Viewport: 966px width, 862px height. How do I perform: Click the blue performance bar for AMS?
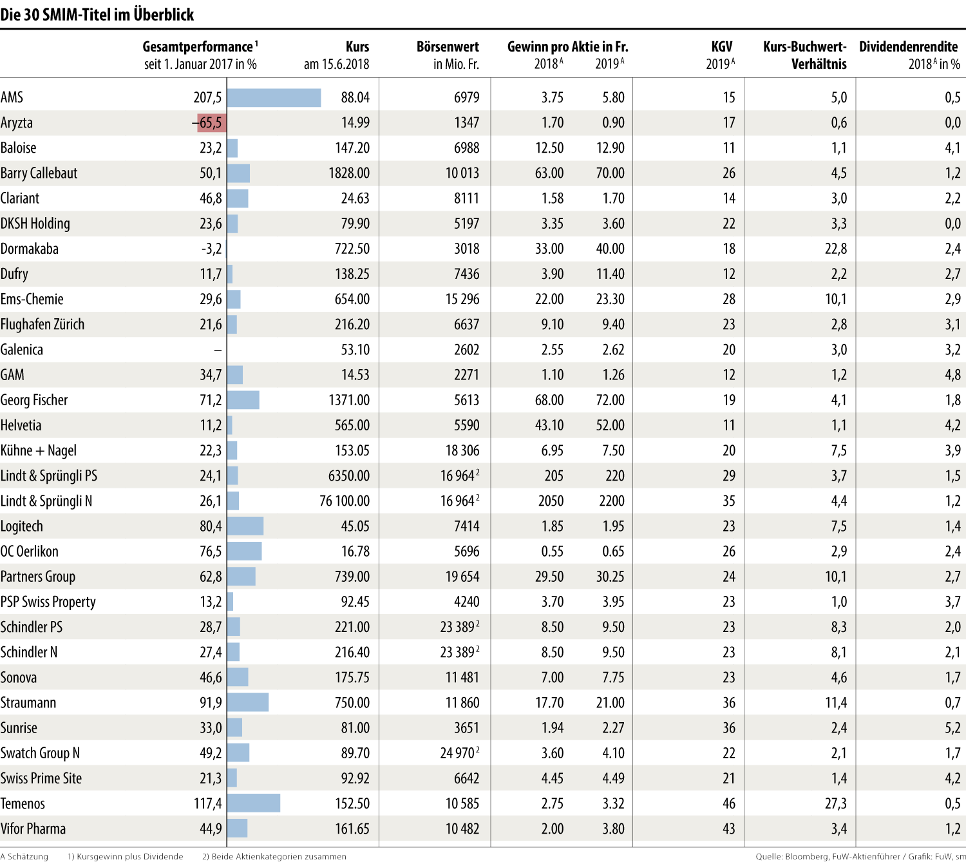pyautogui.click(x=274, y=98)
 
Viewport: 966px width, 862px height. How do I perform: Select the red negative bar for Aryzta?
pyautogui.click(x=212, y=123)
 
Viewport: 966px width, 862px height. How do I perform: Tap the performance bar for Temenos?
pyautogui.click(x=253, y=803)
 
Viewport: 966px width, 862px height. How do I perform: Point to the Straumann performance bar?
pyautogui.click(x=247, y=702)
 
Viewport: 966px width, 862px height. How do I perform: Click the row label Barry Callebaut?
pyautogui.click(x=39, y=173)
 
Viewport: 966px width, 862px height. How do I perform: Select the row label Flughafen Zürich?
pyautogui.click(x=43, y=325)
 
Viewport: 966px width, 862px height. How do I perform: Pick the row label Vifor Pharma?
pyautogui.click(x=33, y=828)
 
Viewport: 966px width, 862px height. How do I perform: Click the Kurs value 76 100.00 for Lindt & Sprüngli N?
pyautogui.click(x=345, y=501)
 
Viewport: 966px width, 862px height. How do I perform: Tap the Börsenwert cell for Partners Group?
pyautogui.click(x=462, y=577)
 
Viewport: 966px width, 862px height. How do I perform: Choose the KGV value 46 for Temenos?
pyautogui.click(x=728, y=803)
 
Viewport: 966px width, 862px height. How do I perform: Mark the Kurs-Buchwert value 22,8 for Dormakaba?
pyautogui.click(x=836, y=249)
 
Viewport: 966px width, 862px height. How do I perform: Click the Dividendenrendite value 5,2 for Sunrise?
pyautogui.click(x=952, y=728)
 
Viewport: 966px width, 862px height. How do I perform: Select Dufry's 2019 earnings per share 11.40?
pyautogui.click(x=610, y=274)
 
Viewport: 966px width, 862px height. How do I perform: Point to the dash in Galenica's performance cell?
pyautogui.click(x=218, y=350)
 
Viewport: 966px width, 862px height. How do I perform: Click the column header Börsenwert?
pyautogui.click(x=448, y=47)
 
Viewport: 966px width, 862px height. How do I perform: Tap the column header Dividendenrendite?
pyautogui.click(x=908, y=47)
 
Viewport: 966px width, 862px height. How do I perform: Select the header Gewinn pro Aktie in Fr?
pyautogui.click(x=567, y=47)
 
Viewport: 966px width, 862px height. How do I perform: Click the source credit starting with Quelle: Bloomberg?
pyautogui.click(x=860, y=856)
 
